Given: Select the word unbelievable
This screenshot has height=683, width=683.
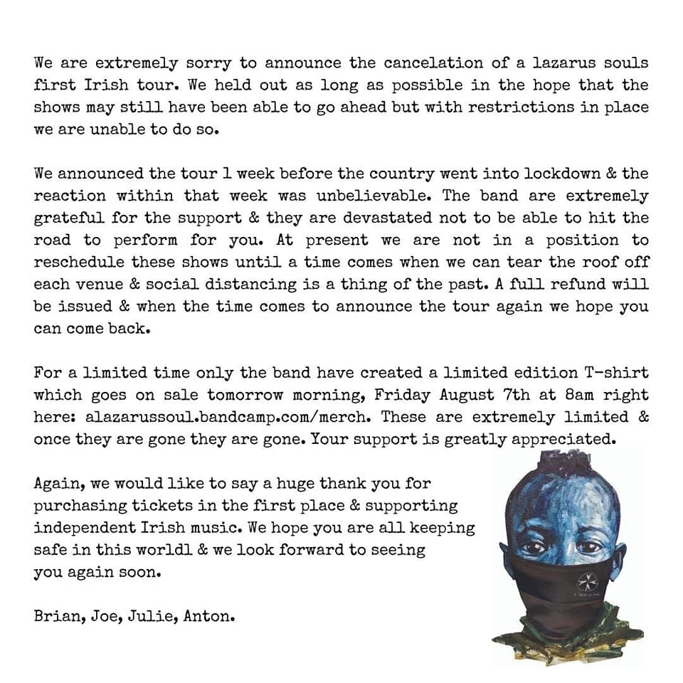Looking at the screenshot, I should [366, 196].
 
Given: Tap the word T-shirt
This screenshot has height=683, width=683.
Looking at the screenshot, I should [615, 373].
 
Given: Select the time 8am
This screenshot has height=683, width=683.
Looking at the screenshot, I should [566, 395].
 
